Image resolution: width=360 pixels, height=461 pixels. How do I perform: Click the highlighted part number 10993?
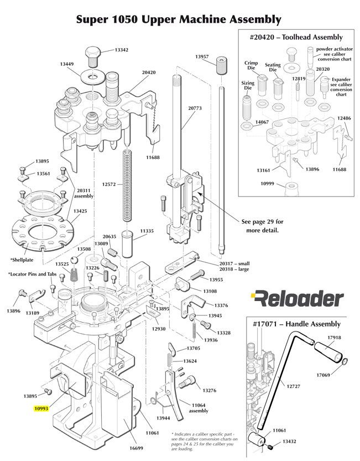coord(41,409)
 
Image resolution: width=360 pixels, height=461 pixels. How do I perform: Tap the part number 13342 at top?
coord(122,50)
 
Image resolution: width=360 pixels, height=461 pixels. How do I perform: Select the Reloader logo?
coord(296,299)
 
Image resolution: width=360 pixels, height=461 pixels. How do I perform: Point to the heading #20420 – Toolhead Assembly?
coord(296,37)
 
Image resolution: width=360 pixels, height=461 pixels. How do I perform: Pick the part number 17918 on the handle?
coord(334,338)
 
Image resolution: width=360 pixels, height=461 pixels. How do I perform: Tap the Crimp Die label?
coord(251,66)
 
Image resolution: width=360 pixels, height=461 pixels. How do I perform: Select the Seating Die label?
coord(273,68)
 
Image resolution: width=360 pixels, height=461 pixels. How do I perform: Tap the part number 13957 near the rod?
coord(202,57)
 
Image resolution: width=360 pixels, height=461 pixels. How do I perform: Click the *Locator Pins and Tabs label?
coord(32,274)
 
